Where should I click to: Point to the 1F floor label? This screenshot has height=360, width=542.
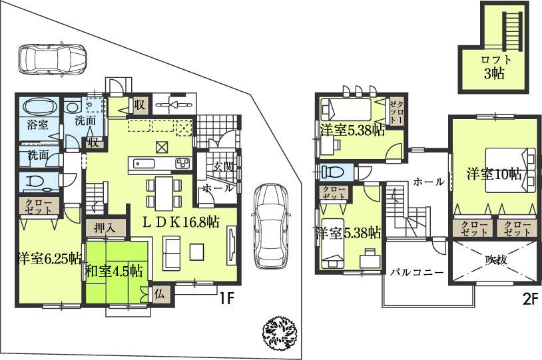pos(226,299)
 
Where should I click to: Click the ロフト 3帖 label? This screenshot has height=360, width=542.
pos(494,67)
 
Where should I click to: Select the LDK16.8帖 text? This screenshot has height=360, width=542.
pos(179,222)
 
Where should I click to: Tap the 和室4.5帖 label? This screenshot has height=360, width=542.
pos(114,271)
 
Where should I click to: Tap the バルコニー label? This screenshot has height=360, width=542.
pos(417,272)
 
